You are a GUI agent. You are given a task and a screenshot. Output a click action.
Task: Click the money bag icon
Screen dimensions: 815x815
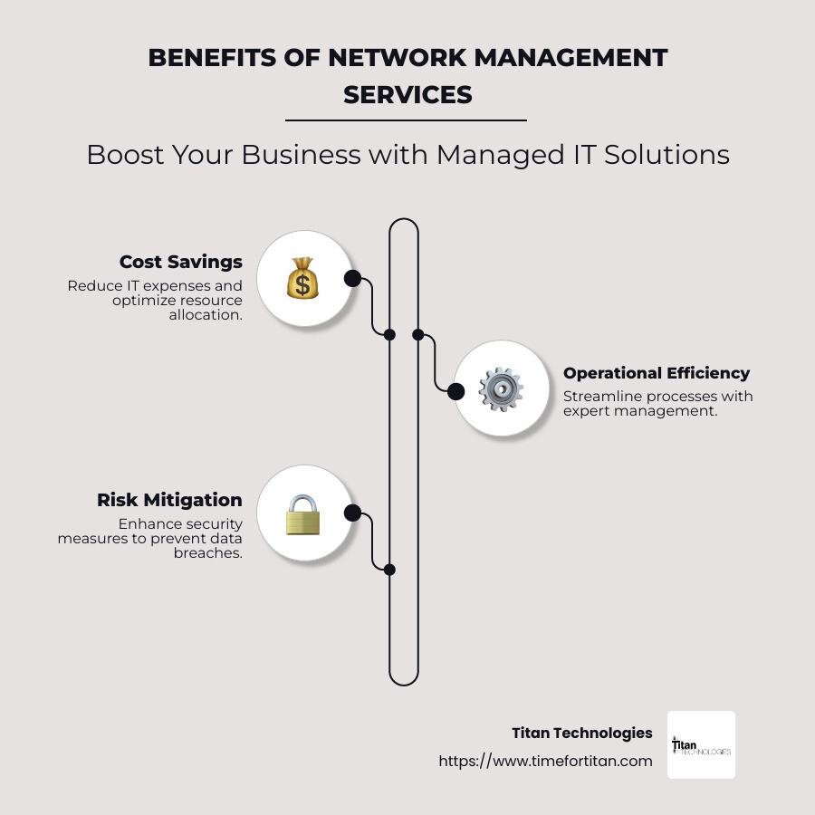[x=303, y=278]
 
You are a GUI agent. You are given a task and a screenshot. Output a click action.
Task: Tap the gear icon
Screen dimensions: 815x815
[x=501, y=390]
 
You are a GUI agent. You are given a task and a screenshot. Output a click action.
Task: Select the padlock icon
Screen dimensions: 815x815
[x=303, y=513]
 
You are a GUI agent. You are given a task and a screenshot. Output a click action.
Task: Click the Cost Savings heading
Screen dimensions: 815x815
[x=181, y=262]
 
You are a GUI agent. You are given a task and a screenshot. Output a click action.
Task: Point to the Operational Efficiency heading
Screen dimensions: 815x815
[x=657, y=373]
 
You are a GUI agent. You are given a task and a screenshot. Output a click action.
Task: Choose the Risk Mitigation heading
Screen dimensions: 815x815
[x=169, y=500]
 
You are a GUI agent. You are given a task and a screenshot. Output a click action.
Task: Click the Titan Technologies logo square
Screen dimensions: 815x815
[x=701, y=744]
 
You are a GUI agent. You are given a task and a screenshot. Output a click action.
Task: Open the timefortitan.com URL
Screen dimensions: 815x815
[x=545, y=761]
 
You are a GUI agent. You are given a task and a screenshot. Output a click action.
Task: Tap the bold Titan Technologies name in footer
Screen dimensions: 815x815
[x=581, y=733]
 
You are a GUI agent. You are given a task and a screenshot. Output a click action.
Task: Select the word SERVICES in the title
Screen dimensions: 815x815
[x=407, y=94]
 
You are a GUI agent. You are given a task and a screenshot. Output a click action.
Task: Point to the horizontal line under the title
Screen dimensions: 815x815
[x=406, y=120]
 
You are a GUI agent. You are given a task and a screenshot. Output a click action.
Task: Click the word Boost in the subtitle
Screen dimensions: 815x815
[x=120, y=155]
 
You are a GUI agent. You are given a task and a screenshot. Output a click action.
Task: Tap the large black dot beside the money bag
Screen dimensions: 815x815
[x=352, y=278]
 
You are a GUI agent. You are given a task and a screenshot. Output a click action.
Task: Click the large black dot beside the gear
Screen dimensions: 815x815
[x=456, y=391]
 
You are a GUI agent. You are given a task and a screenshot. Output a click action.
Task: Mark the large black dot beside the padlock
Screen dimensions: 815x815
[x=352, y=513]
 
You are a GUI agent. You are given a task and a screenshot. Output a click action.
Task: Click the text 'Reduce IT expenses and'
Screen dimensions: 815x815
[x=155, y=285]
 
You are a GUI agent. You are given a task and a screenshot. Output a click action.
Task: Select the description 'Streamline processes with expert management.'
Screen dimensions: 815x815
[x=657, y=403]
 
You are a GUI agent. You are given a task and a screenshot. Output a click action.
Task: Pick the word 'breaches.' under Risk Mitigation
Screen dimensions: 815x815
[x=207, y=552]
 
